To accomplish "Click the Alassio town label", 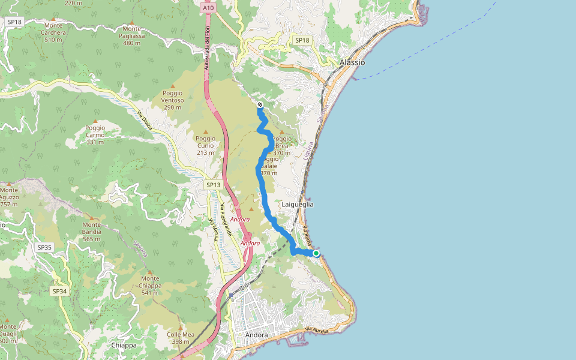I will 352,62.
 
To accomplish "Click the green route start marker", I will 316,253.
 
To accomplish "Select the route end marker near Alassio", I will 260,105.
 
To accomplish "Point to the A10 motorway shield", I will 208,8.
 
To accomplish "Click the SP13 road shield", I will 214,185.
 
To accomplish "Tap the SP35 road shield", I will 44,247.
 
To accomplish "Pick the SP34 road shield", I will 59,291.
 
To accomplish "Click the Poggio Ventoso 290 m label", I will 172,100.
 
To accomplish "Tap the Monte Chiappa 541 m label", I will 150,282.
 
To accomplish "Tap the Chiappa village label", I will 124,346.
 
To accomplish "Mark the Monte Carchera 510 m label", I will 53,33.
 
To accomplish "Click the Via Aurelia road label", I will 317,331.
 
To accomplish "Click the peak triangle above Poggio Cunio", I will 206,132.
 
